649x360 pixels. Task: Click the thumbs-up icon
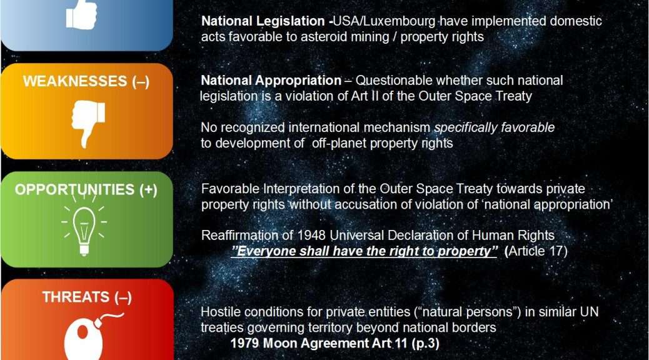pyautogui.click(x=81, y=15)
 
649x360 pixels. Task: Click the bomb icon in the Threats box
pyautogui.click(x=92, y=337)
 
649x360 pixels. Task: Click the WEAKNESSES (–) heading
pyautogui.click(x=86, y=81)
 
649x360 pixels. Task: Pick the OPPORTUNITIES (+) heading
pyautogui.click(x=86, y=190)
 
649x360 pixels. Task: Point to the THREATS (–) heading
pyautogui.click(x=87, y=297)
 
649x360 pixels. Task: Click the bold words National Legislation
pyautogui.click(x=263, y=21)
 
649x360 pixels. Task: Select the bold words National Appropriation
pyautogui.click(x=271, y=80)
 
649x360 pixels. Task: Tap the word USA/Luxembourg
pyautogui.click(x=384, y=21)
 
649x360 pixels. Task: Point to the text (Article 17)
pyautogui.click(x=536, y=251)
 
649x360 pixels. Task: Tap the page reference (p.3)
pyautogui.click(x=426, y=344)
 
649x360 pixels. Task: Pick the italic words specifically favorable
pyautogui.click(x=494, y=128)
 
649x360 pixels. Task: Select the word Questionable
pyautogui.click(x=394, y=80)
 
